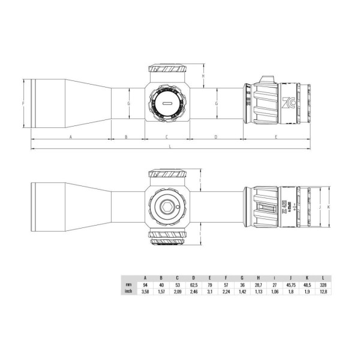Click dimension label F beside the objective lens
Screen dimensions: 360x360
tap(22, 103)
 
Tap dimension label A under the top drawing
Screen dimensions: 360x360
tap(71, 137)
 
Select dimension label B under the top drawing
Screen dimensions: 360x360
tap(126, 137)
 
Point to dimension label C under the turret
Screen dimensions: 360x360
tap(166, 137)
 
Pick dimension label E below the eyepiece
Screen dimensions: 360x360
tap(275, 137)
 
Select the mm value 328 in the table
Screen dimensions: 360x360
tap(323, 284)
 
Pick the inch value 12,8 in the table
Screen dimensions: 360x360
tap(323, 292)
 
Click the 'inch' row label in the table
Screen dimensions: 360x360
tap(128, 292)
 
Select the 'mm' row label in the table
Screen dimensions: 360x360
tap(128, 284)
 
